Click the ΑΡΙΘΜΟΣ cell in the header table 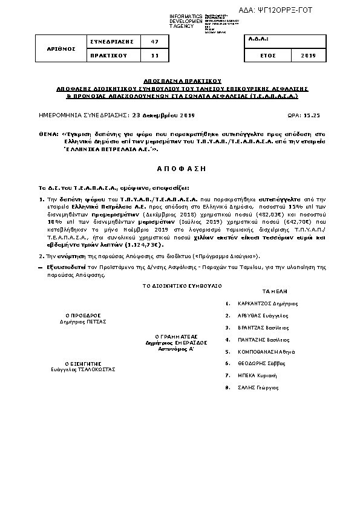point(61,48)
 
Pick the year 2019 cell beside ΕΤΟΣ point(308,55)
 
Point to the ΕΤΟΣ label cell point(267,55)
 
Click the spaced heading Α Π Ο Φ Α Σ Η point(180,167)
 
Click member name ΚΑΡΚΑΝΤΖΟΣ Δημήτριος point(269,304)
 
